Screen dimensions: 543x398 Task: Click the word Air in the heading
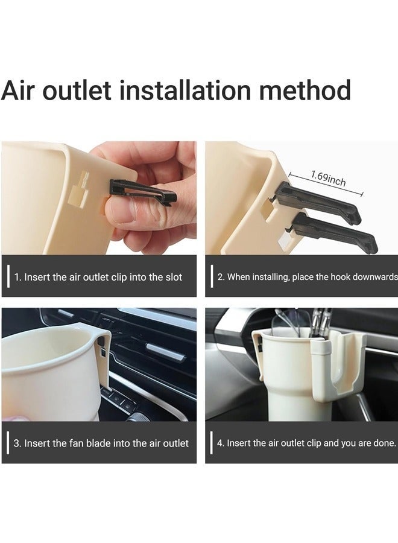coord(23,91)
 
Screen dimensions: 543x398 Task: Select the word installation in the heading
coord(183,91)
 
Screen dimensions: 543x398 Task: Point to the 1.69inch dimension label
coord(328,179)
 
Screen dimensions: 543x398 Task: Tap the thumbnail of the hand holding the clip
coord(99,198)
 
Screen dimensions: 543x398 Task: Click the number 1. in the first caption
coord(18,278)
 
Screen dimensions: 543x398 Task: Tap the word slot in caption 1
coord(173,278)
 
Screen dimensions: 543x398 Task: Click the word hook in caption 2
coord(331,278)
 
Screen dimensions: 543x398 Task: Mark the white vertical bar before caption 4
coord(212,443)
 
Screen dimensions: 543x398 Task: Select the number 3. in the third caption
coord(18,443)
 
